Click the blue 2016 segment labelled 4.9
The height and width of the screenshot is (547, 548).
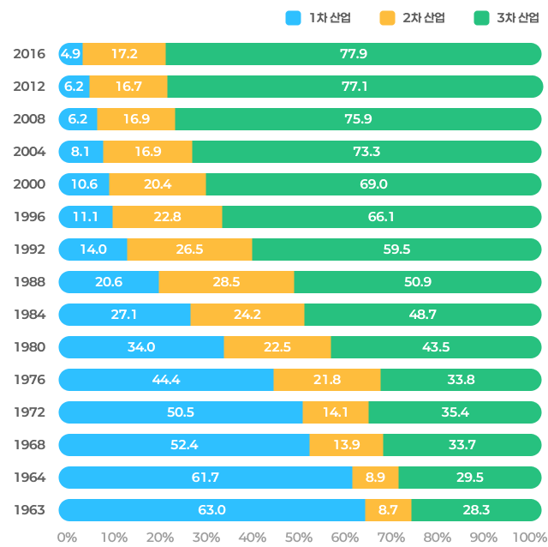[x=70, y=54]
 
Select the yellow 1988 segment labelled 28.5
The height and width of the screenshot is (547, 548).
[x=226, y=282]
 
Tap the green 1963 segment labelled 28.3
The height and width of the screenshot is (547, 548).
[x=476, y=510]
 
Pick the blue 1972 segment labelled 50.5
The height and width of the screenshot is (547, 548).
[x=180, y=412]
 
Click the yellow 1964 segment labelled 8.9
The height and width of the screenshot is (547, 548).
[x=375, y=478]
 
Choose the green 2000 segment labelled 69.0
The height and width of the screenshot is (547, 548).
[x=373, y=184]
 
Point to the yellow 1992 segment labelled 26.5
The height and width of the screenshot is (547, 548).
[x=189, y=249]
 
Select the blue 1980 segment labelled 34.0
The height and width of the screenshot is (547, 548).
[x=140, y=347]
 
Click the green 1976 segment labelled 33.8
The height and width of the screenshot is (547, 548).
[x=461, y=380]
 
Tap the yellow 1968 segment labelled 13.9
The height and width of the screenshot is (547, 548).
[x=346, y=445]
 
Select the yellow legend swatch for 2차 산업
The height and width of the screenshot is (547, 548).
[x=388, y=18]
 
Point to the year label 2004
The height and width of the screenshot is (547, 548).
[x=29, y=152]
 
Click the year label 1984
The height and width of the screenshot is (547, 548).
[x=29, y=315]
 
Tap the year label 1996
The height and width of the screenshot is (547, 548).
[x=29, y=217]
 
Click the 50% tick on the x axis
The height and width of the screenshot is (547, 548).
[x=299, y=538]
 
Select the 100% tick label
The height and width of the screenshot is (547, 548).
[x=528, y=538]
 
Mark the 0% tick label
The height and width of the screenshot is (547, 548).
[x=66, y=538]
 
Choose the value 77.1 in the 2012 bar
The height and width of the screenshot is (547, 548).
[x=354, y=87]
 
